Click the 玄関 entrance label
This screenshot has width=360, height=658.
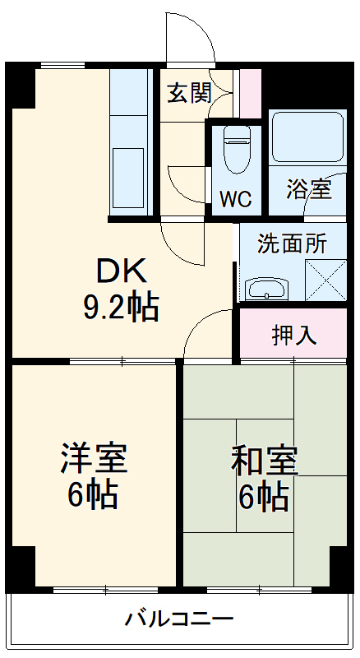point(190,94)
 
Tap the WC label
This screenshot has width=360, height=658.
point(236,199)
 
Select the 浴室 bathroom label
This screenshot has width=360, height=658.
point(309,189)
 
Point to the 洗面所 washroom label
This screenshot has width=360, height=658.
point(293,243)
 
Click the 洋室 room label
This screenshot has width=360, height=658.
point(94,459)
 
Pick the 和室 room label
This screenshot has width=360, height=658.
point(263,461)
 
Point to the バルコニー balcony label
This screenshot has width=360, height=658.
point(179,619)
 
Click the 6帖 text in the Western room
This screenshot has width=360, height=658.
point(94,495)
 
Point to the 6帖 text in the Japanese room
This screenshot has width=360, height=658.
point(263,497)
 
